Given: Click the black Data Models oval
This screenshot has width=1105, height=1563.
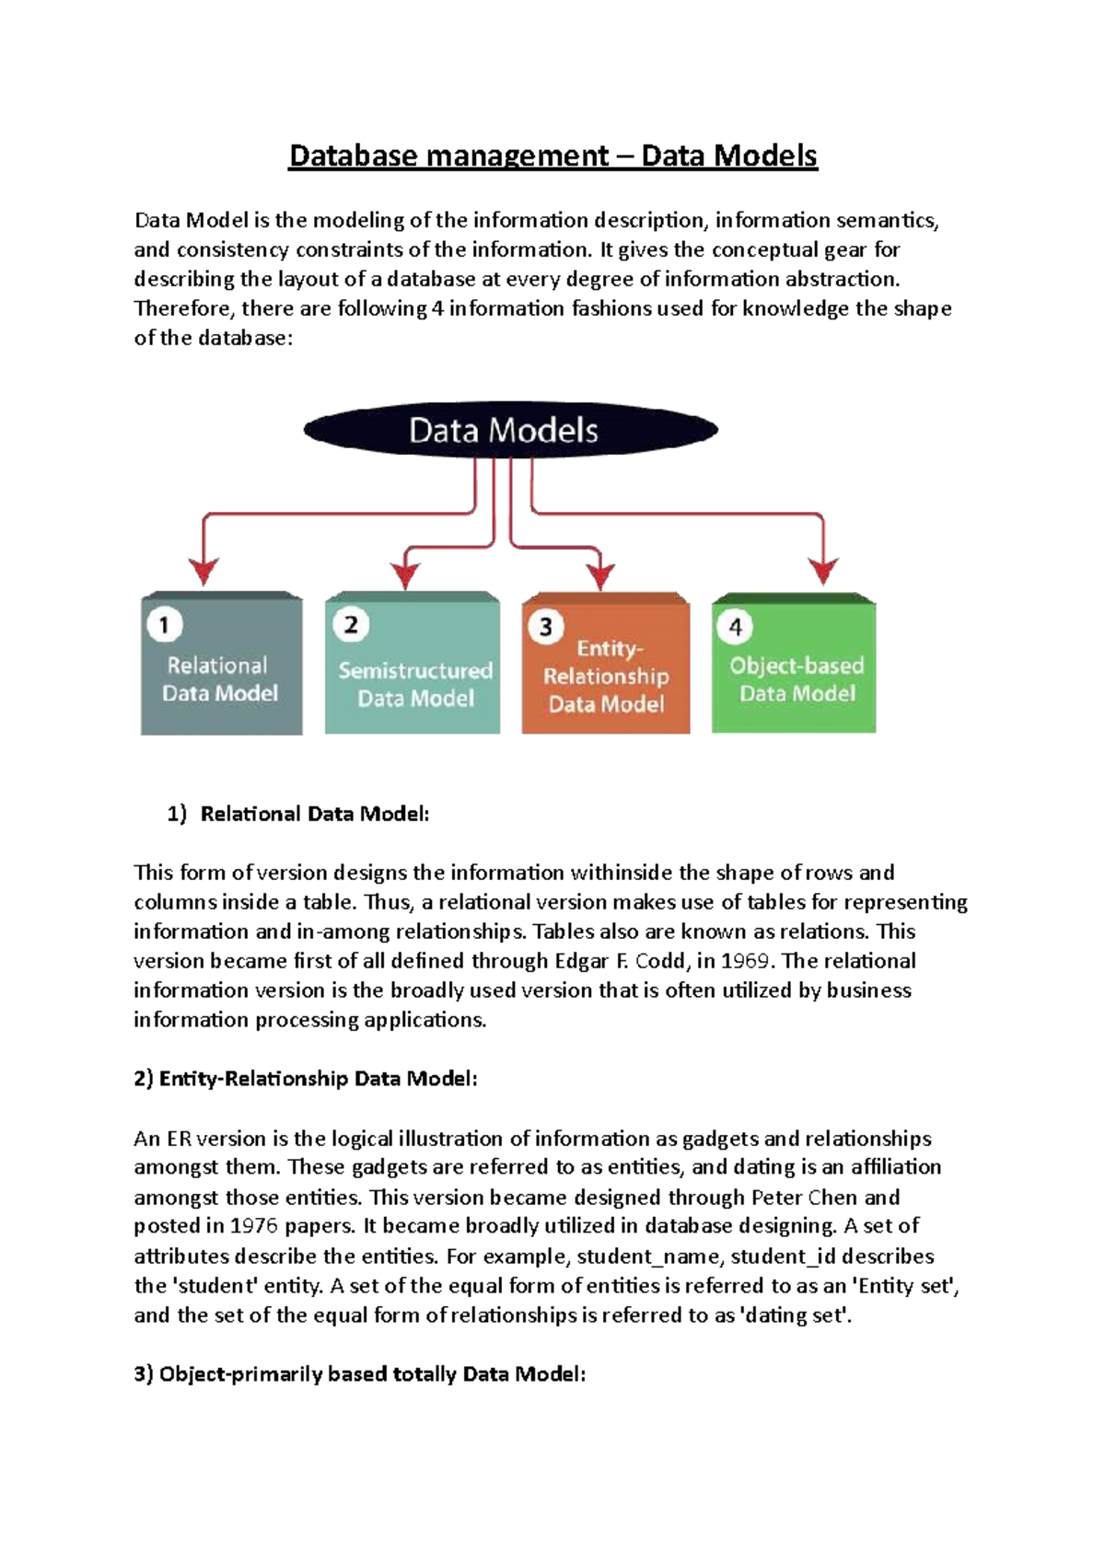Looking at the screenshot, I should pos(510,430).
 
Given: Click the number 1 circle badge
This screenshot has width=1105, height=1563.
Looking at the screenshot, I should pos(165,626).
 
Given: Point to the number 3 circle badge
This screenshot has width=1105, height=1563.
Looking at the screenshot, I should pos(545,627).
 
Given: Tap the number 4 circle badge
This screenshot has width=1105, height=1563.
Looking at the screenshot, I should pos(735,627).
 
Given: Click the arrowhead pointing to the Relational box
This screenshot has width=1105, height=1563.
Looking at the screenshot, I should pos(204,570).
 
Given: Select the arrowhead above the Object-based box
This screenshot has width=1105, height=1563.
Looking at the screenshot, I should pos(823,570).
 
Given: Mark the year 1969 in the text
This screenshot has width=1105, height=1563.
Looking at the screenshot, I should pos(744,961).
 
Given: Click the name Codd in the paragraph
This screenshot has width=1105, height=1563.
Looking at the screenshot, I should pos(659,961).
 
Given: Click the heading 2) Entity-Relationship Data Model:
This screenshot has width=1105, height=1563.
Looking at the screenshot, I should pos(306,1079).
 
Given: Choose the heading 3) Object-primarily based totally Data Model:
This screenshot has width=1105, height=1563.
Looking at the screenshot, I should pos(360,1374).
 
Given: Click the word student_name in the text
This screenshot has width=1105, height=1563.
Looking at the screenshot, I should pos(646,1256).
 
